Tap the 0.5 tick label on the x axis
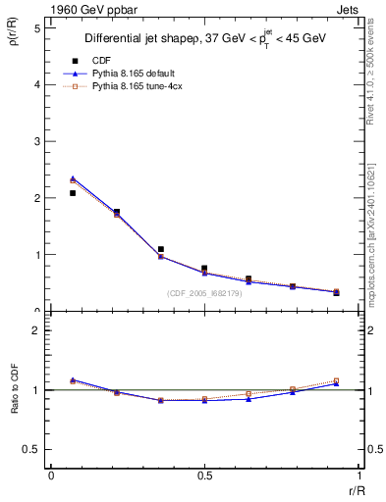click(203, 476)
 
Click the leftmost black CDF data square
click(73, 193)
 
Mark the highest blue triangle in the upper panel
click(73, 178)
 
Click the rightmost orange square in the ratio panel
click(336, 380)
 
